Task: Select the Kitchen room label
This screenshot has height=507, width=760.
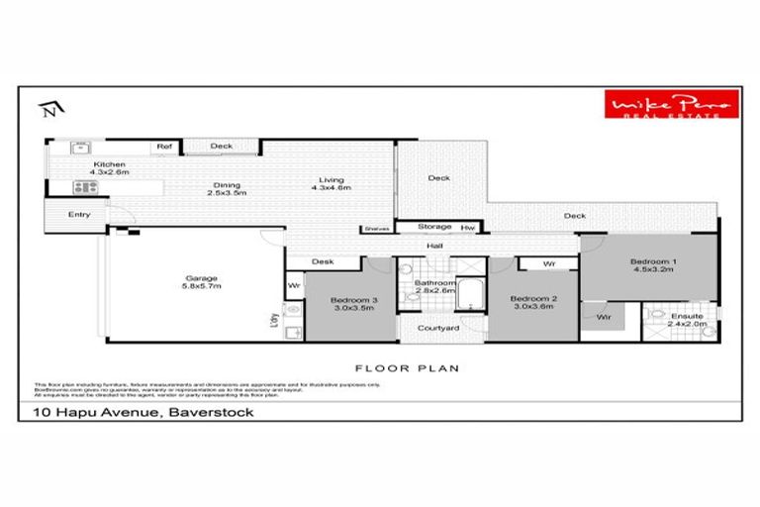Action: (109, 168)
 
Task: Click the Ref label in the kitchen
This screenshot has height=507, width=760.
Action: (163, 147)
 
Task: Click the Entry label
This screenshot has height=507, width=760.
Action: (79, 214)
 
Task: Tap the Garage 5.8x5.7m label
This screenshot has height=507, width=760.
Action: (201, 282)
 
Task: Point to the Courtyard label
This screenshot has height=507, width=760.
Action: (436, 328)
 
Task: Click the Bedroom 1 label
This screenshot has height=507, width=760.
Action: (652, 266)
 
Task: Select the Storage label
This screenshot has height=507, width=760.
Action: (434, 226)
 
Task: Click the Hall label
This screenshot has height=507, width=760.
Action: (434, 247)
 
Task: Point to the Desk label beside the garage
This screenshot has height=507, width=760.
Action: (321, 262)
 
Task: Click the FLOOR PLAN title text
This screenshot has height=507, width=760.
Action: (393, 367)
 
